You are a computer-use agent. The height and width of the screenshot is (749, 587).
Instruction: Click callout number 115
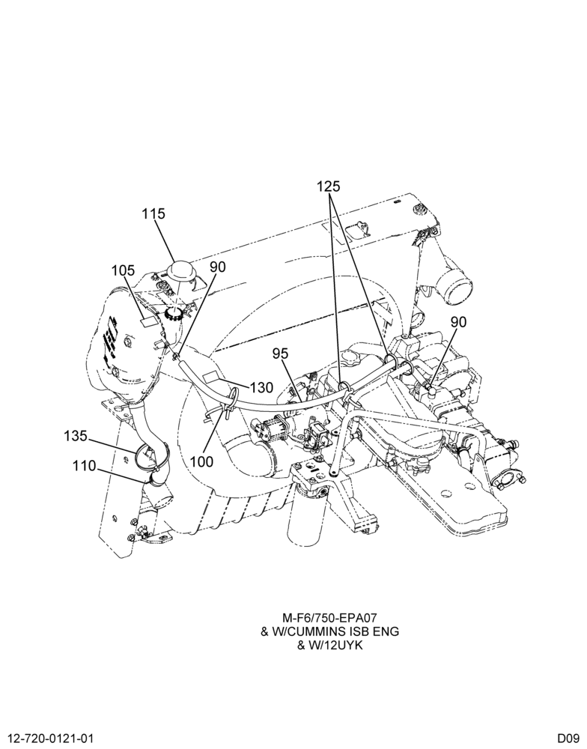(x=153, y=213)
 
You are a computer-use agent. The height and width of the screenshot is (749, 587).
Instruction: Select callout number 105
(x=124, y=270)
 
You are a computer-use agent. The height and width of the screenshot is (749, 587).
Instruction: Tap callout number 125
(x=329, y=187)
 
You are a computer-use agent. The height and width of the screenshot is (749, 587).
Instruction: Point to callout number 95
(x=280, y=354)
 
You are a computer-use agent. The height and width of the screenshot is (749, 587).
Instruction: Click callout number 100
(x=201, y=462)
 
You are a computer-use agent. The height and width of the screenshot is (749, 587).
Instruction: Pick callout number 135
(x=76, y=436)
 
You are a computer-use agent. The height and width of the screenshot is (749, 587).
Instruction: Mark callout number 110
(x=85, y=465)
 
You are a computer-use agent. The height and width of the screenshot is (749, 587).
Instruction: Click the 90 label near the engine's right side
(x=458, y=322)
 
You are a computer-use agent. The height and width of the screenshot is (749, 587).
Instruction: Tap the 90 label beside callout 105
(x=217, y=267)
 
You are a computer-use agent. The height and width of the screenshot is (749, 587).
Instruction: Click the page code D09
(x=568, y=738)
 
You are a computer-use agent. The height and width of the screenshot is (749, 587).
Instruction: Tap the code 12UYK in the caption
(x=340, y=646)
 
